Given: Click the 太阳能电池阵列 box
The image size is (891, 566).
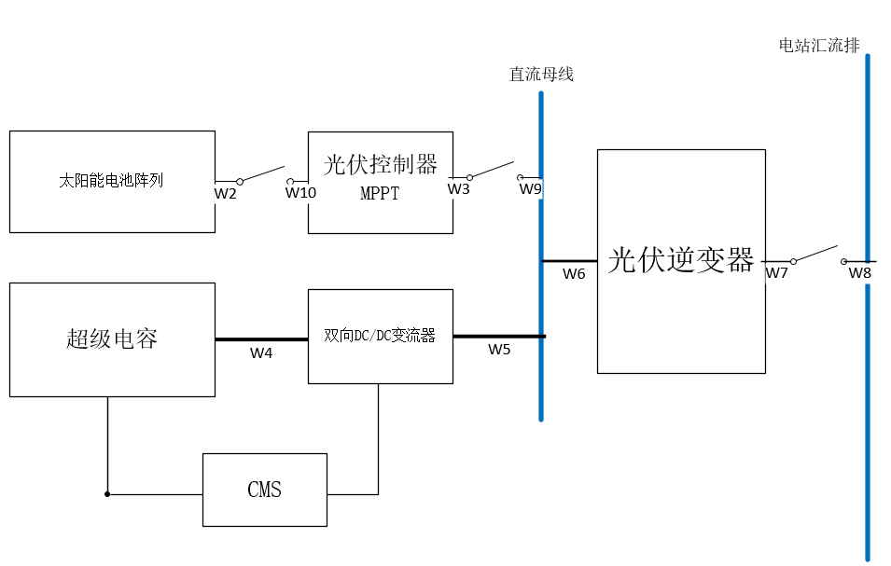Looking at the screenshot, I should coord(112,181).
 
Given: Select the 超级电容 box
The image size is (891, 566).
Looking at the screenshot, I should coord(112,338).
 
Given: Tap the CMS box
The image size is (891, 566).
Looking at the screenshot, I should coord(265,490).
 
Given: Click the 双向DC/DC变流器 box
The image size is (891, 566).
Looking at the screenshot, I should coord(380,336).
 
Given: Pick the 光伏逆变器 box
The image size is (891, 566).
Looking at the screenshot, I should coord(681,261).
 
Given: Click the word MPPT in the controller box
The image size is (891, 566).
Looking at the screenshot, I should coord(380,195).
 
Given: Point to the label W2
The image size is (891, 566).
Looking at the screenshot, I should coord(226,193).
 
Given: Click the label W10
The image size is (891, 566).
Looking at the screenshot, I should coord(300,193).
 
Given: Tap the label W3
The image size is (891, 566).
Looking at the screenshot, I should coord(458,189).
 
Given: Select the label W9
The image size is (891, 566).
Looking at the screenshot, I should coord(530,189).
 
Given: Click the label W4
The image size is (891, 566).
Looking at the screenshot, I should coord(261,353).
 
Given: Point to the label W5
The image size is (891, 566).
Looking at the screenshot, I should coord(499,350).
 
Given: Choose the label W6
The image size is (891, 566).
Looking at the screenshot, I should coord(574,274).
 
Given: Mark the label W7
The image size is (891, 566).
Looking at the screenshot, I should coord(777,273).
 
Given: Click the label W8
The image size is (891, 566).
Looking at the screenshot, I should coord(859,273).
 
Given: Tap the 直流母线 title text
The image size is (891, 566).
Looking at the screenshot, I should coord(541,75).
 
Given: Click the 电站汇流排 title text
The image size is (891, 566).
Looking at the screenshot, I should coord(819,45).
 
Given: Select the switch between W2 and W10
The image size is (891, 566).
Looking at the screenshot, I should coord(264,175).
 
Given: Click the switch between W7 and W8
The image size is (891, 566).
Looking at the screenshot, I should coord(818,255).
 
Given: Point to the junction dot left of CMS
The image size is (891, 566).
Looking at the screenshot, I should coord(107,494).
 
